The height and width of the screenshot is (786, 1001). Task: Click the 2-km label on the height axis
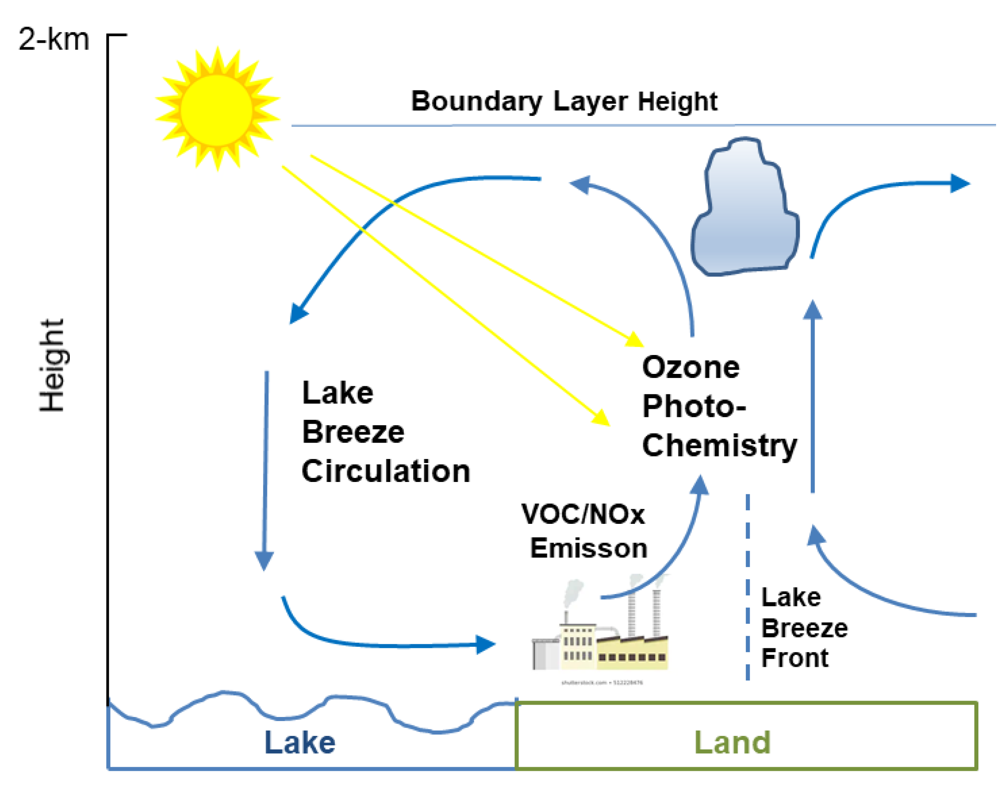(x=53, y=39)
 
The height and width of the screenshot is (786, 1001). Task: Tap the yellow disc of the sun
(x=216, y=110)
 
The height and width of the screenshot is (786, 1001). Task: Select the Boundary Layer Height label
(x=564, y=101)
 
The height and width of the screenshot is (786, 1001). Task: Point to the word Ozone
(x=690, y=368)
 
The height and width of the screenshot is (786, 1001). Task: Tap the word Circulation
(x=386, y=471)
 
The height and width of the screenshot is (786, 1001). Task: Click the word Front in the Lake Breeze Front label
(x=794, y=658)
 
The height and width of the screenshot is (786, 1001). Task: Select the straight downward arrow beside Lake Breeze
(x=265, y=469)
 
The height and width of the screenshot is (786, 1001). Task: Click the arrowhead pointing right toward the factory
(x=486, y=644)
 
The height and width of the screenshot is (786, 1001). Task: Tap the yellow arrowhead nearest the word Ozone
(x=635, y=340)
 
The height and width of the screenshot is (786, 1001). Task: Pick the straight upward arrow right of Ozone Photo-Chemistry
(x=812, y=396)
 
